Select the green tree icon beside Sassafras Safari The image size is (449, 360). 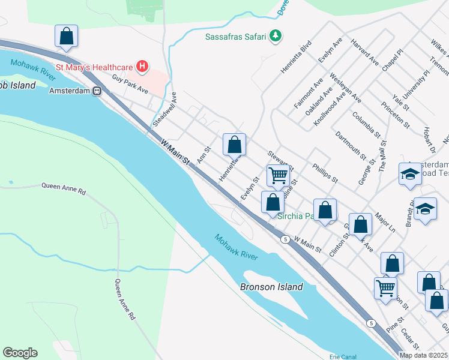(276, 36)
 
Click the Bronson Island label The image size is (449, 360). (271, 287)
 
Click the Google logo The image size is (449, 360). (20, 353)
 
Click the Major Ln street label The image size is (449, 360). (385, 223)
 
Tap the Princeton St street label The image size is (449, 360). (394, 115)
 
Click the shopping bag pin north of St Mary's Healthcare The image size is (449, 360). (66, 36)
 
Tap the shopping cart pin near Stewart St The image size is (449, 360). (278, 175)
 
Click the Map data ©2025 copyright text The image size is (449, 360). (424, 355)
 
